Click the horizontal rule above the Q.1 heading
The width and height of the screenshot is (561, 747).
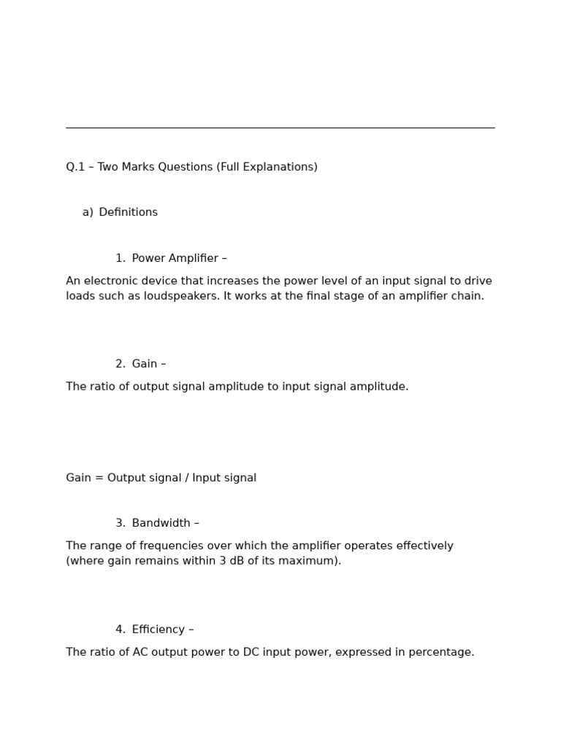[x=280, y=128]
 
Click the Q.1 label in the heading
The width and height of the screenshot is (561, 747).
[x=77, y=167]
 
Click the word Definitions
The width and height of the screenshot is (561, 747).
[x=128, y=212]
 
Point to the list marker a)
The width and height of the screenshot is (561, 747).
[x=88, y=212]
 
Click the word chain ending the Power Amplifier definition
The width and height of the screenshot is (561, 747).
[x=467, y=296]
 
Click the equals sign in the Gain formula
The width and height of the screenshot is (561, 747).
[x=99, y=478]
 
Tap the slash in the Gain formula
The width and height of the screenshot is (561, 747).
[x=186, y=478]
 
